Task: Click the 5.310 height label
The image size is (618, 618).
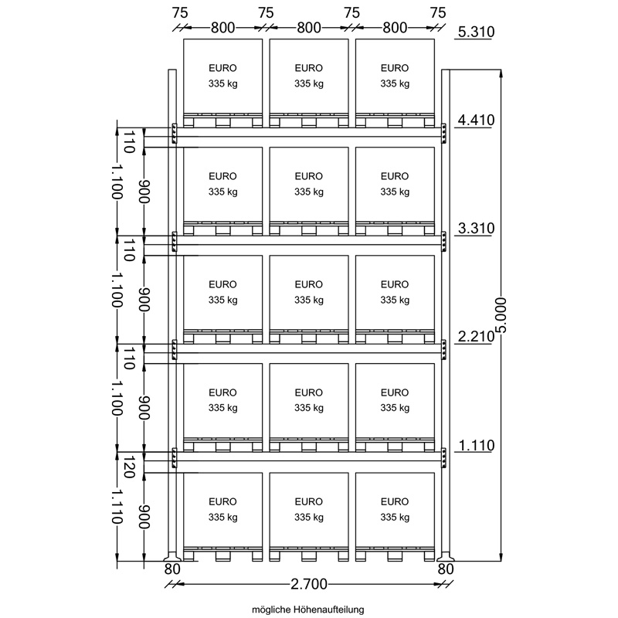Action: click(x=476, y=32)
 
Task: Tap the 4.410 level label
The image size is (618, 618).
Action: click(x=476, y=120)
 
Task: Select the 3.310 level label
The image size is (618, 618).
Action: click(x=476, y=228)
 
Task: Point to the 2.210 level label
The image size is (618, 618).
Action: click(x=476, y=337)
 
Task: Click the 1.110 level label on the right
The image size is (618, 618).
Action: click(x=476, y=446)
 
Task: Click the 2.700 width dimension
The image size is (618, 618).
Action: click(x=309, y=584)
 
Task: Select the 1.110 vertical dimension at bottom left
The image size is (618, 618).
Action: click(x=117, y=507)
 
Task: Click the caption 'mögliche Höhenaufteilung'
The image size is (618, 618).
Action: click(x=307, y=610)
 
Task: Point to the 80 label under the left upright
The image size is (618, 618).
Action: click(x=172, y=569)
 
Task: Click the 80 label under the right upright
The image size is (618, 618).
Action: click(x=446, y=569)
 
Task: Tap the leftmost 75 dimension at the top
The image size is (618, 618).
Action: click(x=180, y=13)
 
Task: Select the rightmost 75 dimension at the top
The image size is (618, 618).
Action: click(x=438, y=13)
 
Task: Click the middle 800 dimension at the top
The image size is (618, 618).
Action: click(x=308, y=28)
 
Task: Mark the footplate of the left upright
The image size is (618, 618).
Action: click(x=172, y=557)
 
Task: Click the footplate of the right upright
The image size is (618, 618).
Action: click(x=446, y=557)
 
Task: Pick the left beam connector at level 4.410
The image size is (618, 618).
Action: click(x=174, y=134)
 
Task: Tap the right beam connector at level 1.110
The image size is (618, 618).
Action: click(x=443, y=458)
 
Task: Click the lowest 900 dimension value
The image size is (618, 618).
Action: click(x=144, y=517)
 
